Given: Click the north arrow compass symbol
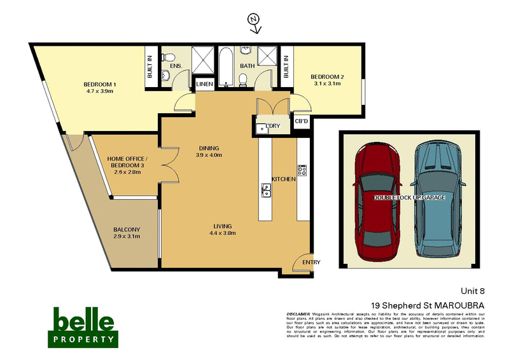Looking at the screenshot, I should (254, 23).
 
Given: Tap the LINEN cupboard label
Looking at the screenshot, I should (205, 84).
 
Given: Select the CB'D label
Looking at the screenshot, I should (302, 121).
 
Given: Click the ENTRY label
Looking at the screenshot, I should (312, 262).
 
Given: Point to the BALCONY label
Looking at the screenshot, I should (127, 230).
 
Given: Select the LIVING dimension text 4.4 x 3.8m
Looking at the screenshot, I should (223, 233).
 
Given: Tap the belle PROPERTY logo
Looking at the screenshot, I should (83, 326).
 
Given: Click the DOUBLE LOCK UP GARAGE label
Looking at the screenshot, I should (409, 198).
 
